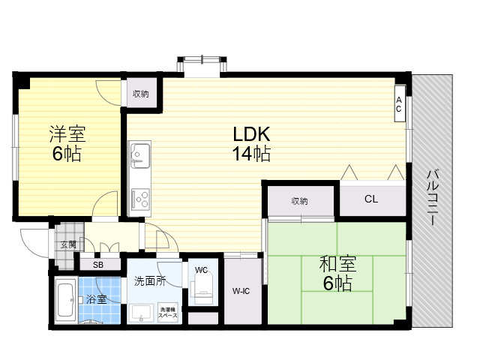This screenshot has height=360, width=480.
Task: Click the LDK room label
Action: [251, 134]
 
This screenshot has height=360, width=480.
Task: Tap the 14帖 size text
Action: [251, 153]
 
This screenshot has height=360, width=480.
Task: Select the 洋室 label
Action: [67, 134]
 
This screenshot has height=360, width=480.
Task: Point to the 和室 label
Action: [337, 264]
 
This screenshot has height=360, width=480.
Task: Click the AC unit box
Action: [399, 103]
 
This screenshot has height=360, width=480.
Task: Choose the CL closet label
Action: [371, 199]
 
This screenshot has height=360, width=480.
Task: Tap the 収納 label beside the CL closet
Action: [299, 201]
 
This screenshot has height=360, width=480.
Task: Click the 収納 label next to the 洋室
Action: [141, 94]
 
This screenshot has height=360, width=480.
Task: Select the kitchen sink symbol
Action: [140, 155]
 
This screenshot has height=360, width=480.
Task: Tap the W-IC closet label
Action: [241, 291]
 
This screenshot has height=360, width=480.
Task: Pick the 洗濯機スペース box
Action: [168, 312]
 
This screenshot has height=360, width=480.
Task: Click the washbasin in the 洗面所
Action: [141, 313]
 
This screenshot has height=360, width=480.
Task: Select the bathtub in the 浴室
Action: [65, 300]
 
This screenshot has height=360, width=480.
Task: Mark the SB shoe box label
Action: [98, 265]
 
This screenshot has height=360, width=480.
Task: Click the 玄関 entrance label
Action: [68, 244]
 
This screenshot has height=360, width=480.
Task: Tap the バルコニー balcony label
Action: [432, 198]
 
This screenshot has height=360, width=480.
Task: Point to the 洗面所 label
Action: [150, 281]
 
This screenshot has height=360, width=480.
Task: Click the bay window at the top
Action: [202, 64]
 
